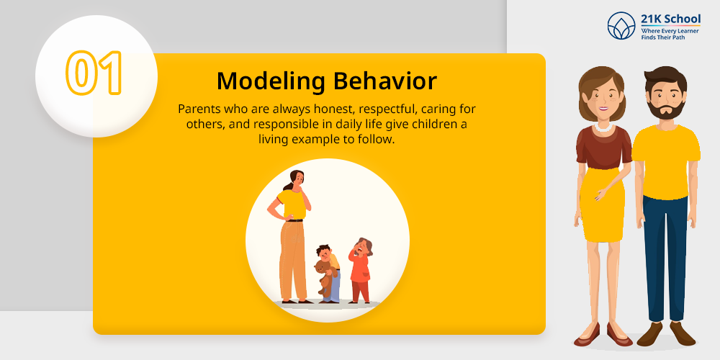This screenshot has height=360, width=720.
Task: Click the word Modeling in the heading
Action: coord(271,81)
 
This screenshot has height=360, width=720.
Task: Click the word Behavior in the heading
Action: coord(384,81)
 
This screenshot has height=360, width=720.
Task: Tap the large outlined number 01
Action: coord(94,73)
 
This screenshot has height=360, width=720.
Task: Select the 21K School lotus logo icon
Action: coord(621,26)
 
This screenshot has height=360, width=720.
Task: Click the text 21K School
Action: coord(671,19)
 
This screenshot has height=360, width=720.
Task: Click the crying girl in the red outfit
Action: coord(361,271)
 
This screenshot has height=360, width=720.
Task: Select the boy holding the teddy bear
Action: coord(328,274)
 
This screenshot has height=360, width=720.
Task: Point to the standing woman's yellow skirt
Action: coord(601,204)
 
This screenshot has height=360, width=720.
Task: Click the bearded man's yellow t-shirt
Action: coord(665,161)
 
